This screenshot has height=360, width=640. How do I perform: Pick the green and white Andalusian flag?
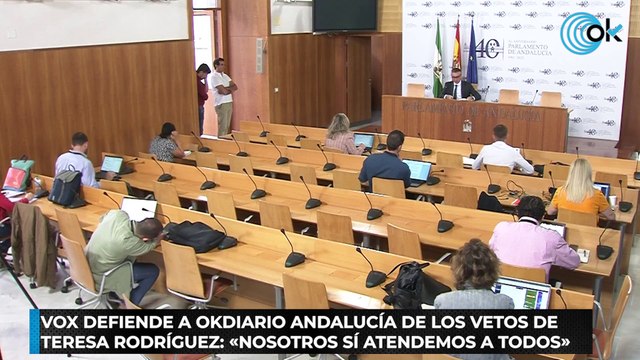[x=438, y=62]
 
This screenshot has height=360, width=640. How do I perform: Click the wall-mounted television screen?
[x=343, y=15]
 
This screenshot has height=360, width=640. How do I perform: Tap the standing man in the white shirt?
[x=223, y=94]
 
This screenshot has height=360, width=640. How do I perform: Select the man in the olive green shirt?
[x=123, y=250]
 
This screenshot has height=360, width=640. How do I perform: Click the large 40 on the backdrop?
[x=487, y=48]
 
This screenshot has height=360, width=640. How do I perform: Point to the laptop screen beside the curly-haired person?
[x=524, y=293]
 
